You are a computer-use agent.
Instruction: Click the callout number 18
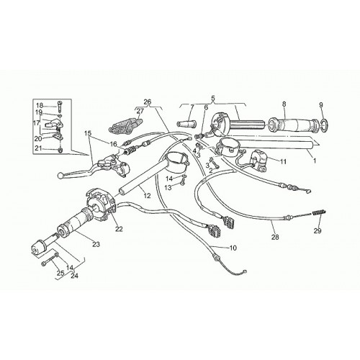pyautogui.click(x=40, y=105)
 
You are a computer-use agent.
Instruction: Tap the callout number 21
pyautogui.click(x=40, y=149)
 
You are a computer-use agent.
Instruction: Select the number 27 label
pyautogui.click(x=140, y=111)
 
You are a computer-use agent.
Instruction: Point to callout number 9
pyautogui.click(x=321, y=104)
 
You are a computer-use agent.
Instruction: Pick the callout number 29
pyautogui.click(x=318, y=230)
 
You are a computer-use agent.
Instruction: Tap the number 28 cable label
pyautogui.click(x=275, y=237)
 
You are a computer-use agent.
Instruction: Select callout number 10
pyautogui.click(x=233, y=248)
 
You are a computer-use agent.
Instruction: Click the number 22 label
pyautogui.click(x=119, y=229)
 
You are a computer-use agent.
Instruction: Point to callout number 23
pyautogui.click(x=96, y=244)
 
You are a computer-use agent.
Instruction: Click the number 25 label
pyautogui.click(x=60, y=273)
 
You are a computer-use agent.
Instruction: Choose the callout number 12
pyautogui.click(x=147, y=196)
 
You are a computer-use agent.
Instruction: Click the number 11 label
pyautogui.click(x=283, y=161)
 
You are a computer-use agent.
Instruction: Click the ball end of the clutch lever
pyautogui.click(x=60, y=176)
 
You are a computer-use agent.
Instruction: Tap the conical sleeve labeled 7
pyautogui.click(x=186, y=124)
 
